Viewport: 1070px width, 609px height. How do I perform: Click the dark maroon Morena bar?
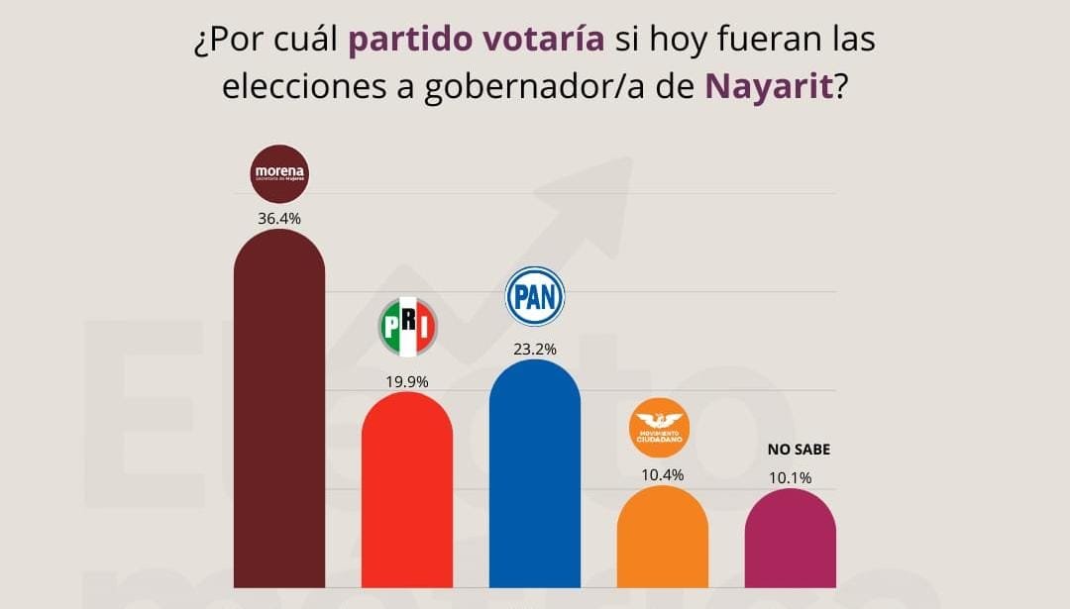[278, 416]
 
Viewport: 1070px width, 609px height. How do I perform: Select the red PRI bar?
[406, 490]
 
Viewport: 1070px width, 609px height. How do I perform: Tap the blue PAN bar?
[535, 475]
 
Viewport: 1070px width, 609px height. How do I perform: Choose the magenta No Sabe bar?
[790, 539]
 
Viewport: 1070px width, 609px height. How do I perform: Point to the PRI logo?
[407, 327]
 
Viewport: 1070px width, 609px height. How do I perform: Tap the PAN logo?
[535, 296]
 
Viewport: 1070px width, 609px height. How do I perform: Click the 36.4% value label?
[278, 218]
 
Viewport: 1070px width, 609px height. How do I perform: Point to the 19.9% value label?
[406, 380]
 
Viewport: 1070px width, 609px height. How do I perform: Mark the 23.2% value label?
[535, 349]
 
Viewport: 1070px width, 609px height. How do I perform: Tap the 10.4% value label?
[662, 474]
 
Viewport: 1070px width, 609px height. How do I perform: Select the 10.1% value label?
[790, 477]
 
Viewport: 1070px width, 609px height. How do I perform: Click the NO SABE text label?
[799, 449]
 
